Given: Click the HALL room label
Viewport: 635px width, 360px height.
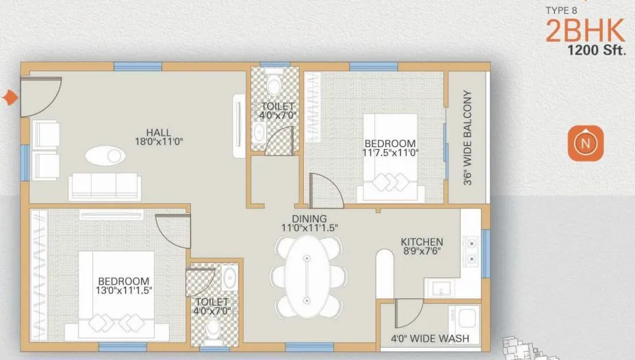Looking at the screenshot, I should coord(158,132).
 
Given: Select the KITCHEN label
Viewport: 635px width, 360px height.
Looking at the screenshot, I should coord(422,242).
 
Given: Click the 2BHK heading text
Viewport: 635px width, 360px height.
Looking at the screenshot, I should coord(585,31).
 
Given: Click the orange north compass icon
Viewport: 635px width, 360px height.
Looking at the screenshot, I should coord(584,144).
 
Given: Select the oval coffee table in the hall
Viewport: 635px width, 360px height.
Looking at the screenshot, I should coord(105,155).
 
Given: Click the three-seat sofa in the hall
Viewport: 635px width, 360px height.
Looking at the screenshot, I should coord(104,185).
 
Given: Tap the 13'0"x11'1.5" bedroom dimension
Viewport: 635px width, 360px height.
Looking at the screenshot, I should coord(124,290).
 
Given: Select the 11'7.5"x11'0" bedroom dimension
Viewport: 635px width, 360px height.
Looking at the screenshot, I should coord(390,153).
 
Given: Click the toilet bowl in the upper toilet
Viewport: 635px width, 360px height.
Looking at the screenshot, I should coord(274,86).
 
